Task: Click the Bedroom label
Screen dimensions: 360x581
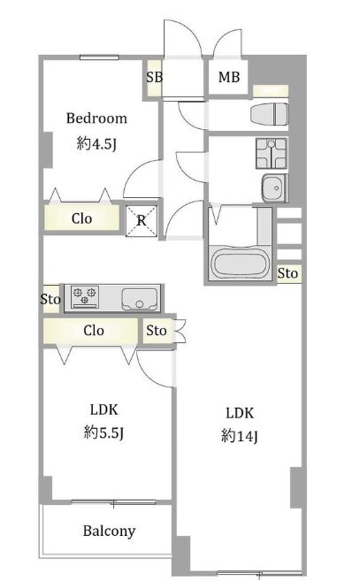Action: (x=96, y=118)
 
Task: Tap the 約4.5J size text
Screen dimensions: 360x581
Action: (x=96, y=143)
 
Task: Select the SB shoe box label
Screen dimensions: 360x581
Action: (x=154, y=77)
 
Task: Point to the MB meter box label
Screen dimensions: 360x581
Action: (x=229, y=77)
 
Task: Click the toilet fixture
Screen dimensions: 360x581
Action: (x=270, y=114)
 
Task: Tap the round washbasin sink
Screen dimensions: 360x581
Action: (x=274, y=187)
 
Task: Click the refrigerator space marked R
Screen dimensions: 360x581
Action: (x=142, y=221)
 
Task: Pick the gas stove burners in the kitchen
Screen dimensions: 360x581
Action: (x=85, y=296)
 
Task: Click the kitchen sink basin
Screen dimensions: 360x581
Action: (x=139, y=299)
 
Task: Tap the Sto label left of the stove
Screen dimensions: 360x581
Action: (x=50, y=299)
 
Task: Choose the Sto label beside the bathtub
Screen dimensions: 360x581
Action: (x=287, y=273)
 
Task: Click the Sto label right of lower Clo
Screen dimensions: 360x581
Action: (x=156, y=330)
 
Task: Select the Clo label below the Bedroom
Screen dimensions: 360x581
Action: (x=81, y=218)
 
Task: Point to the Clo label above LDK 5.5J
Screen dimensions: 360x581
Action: (x=94, y=330)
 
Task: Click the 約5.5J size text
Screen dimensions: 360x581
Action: (x=103, y=432)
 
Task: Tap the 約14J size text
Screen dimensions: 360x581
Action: (x=240, y=436)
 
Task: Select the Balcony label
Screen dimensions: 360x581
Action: (x=109, y=531)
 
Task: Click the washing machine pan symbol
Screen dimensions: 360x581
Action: (x=271, y=153)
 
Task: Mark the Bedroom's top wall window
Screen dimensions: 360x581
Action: (x=99, y=57)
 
